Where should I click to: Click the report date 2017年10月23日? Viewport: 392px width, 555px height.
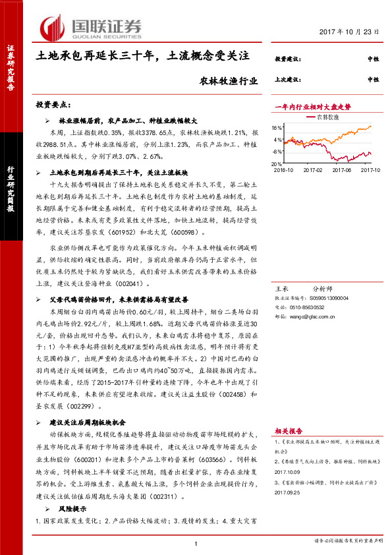353,32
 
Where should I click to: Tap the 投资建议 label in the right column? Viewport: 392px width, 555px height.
287,59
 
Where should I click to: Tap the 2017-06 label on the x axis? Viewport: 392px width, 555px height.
343,169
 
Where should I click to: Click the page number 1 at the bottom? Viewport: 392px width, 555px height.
196,542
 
